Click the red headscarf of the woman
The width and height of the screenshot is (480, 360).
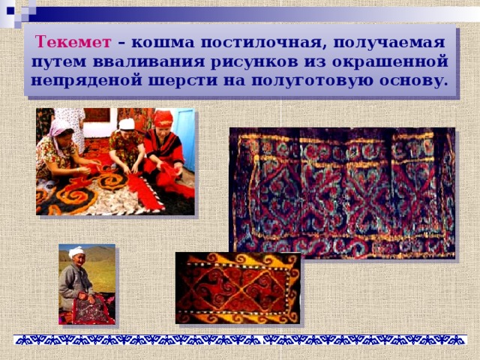point(163,118)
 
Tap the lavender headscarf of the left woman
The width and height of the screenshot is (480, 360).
point(59,127)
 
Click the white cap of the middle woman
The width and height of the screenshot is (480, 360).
point(127,124)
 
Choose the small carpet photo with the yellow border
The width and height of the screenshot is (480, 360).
point(238,287)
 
